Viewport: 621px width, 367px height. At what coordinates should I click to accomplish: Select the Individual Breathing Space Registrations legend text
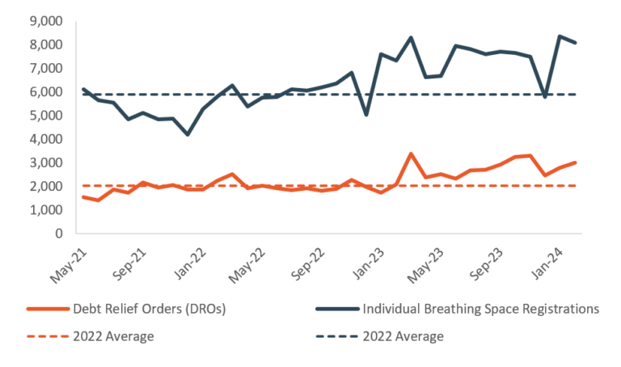coord(480,308)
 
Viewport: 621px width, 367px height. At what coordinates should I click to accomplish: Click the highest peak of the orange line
coord(411,154)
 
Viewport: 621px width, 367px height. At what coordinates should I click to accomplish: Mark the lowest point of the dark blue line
coord(188,134)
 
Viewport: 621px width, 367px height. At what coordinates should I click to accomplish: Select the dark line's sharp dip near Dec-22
coord(367,115)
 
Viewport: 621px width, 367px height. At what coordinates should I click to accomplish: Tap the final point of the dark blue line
coord(575,43)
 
